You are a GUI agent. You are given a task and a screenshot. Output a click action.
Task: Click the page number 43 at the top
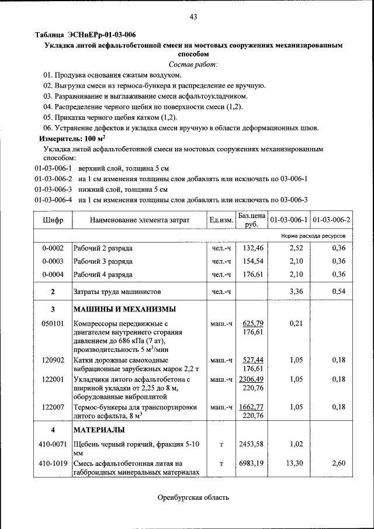[x=193, y=17]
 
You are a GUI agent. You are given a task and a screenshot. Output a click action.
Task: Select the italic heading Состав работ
[x=193, y=64]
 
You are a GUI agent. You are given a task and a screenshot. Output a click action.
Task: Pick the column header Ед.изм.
[x=221, y=220]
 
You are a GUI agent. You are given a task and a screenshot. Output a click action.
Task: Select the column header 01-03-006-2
[x=331, y=220]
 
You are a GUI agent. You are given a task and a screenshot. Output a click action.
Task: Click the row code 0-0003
[x=53, y=261]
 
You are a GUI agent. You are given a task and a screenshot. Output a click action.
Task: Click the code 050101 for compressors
[x=53, y=323]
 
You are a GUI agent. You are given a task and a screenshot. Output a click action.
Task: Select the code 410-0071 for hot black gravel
[x=53, y=445]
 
